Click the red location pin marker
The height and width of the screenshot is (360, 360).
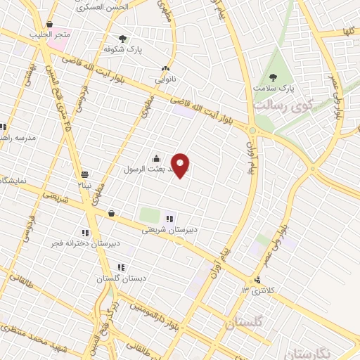(x=181, y=165)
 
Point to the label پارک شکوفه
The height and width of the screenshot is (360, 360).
(x=119, y=50)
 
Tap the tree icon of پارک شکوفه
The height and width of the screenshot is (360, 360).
(x=123, y=39)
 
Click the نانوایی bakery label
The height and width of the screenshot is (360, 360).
(x=166, y=79)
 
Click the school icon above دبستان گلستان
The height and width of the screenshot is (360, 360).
(x=121, y=267)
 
